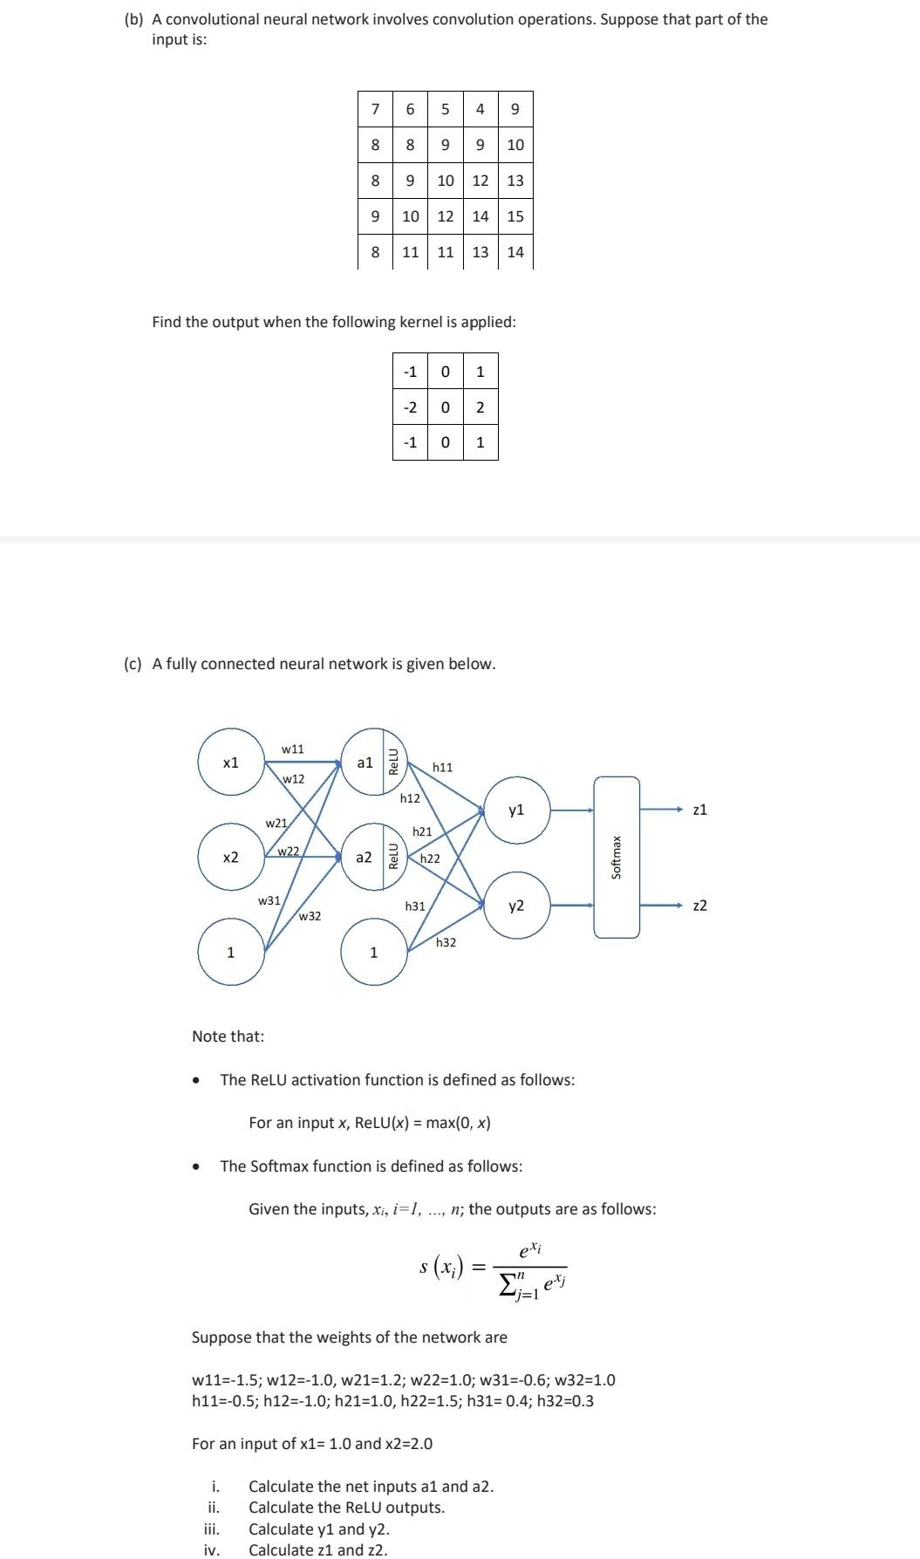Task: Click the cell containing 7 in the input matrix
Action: tap(375, 109)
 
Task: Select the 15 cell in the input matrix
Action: tap(515, 216)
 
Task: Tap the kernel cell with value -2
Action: tap(410, 407)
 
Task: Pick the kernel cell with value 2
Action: tap(480, 407)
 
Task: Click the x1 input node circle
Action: tap(230, 762)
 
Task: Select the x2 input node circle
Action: tap(230, 858)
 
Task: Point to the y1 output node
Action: tap(516, 810)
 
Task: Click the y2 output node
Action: tap(516, 906)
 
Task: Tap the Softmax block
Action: tap(617, 858)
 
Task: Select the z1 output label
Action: tap(699, 810)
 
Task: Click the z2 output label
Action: tap(699, 906)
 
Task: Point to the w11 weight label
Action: tap(293, 749)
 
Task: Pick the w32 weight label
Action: tap(310, 916)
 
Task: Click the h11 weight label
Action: tap(443, 767)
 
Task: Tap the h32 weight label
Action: tap(446, 942)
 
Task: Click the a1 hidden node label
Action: tap(365, 762)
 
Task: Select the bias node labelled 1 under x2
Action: tap(230, 953)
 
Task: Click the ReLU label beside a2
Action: tap(393, 858)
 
